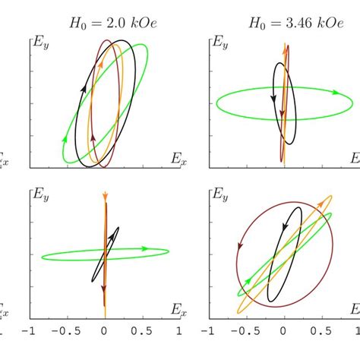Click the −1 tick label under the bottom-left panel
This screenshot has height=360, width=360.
[x=30, y=332]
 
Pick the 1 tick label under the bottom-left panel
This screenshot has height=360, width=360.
[x=178, y=332]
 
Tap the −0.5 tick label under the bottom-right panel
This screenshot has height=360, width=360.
[x=245, y=332]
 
